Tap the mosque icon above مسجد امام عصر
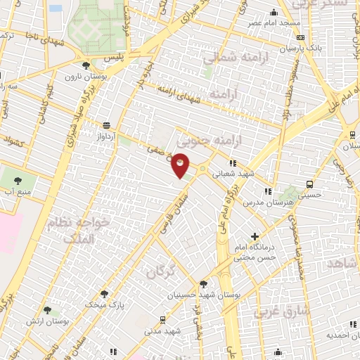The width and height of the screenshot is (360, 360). coord(274,12)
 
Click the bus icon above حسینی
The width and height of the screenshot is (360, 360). coord(309,184)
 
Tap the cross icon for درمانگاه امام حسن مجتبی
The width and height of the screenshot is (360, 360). coord(255,237)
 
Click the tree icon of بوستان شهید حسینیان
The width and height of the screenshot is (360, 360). coord(203,285)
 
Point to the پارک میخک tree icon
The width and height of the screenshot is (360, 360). coord(104,294)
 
